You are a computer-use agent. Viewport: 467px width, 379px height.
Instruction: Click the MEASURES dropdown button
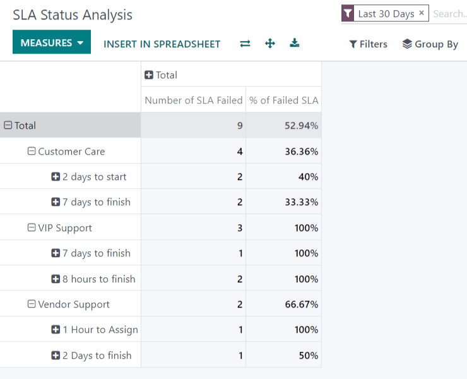[52, 43]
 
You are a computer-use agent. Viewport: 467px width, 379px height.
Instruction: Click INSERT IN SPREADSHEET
[162, 44]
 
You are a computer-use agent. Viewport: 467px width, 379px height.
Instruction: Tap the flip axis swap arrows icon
[245, 44]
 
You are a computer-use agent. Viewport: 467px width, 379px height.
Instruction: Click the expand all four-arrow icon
[270, 44]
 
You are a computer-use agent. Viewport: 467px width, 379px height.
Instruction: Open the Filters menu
[368, 44]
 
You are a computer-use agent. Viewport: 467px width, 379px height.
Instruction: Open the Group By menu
[430, 44]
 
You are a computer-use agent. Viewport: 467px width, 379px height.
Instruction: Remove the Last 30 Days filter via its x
[422, 13]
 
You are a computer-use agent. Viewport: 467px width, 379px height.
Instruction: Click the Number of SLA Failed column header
[193, 100]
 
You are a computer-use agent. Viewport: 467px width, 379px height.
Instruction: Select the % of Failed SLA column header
[283, 100]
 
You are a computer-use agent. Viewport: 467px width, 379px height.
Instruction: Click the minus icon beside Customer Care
[32, 152]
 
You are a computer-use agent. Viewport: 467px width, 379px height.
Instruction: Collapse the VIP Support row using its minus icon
[32, 228]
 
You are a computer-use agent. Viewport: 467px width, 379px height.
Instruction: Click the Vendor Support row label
[74, 304]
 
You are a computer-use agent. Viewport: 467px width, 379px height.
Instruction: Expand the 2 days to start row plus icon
[56, 177]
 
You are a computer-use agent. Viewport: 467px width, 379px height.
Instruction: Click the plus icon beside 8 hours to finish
[56, 279]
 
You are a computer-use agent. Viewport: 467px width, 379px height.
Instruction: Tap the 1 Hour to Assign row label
[100, 330]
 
